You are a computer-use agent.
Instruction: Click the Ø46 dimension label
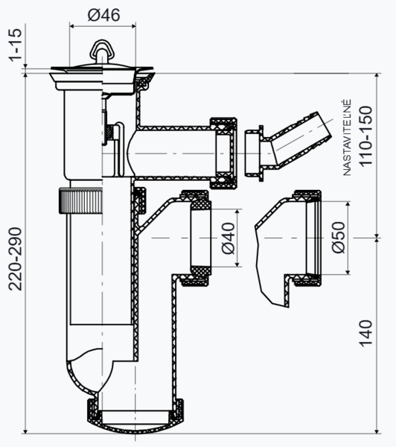tap(103, 15)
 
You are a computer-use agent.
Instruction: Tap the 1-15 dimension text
tap(16, 45)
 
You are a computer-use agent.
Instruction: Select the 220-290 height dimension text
tap(15, 259)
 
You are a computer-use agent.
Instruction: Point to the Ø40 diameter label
tap(229, 238)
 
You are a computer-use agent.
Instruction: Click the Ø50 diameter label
tap(339, 237)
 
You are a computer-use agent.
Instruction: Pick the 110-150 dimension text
tap(365, 136)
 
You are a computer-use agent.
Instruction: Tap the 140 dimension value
tap(365, 334)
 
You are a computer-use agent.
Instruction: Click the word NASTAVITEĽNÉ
tap(347, 137)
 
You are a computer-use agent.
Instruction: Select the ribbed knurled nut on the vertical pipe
tap(80, 200)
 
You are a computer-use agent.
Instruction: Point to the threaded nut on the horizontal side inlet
tap(223, 153)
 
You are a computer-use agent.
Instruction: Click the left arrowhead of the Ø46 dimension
tap(71, 26)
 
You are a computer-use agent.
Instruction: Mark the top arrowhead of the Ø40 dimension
tap(237, 212)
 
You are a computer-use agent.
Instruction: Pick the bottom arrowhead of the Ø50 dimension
tap(348, 271)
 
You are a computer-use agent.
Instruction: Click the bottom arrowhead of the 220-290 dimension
tap(25, 431)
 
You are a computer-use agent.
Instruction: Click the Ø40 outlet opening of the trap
tap(200, 238)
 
